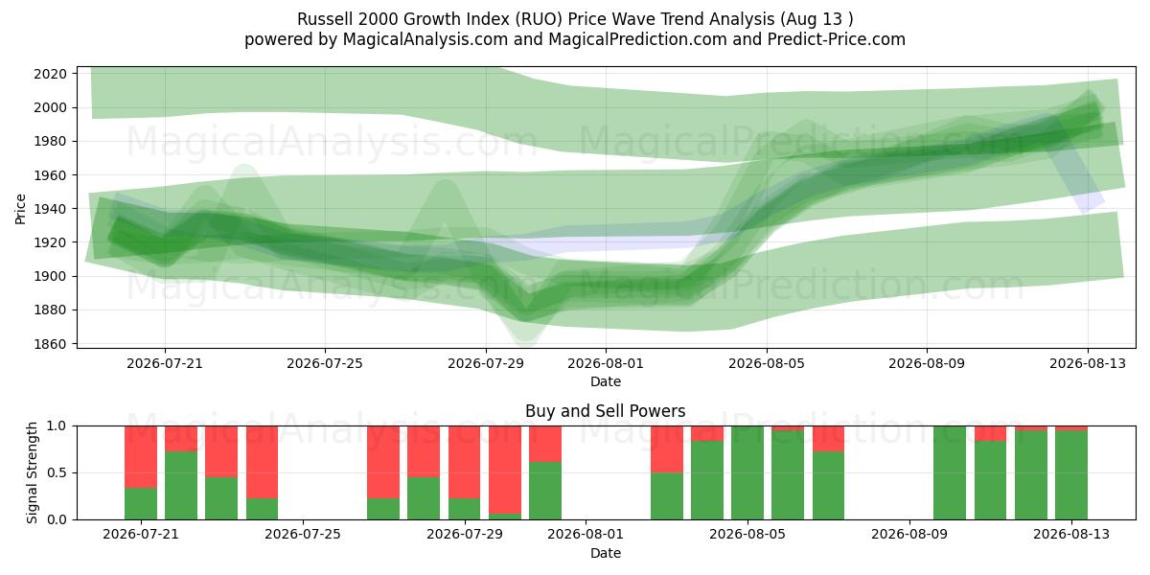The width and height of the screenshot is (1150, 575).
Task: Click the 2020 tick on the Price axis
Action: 50,74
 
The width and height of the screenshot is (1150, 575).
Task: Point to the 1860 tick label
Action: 50,344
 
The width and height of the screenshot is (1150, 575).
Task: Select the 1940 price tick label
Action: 50,209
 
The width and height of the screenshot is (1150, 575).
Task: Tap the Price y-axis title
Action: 20,209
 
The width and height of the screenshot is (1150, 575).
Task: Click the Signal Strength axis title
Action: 32,472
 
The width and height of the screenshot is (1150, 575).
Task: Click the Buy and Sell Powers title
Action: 606,411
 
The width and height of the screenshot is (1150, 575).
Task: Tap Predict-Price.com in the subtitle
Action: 837,39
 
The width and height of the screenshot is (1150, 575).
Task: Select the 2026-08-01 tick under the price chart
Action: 606,363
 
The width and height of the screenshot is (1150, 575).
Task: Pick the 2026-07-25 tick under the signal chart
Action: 303,535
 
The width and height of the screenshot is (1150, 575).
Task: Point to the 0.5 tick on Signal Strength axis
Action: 57,472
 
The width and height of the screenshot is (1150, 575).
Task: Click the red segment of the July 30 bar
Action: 505,470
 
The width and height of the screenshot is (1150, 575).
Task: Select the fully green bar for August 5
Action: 747,472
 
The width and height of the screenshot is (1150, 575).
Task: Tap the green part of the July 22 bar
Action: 181,485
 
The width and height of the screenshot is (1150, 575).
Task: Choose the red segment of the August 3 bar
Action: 667,449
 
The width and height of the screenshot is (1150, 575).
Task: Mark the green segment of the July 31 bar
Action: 545,491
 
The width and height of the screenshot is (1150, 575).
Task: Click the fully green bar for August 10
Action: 950,472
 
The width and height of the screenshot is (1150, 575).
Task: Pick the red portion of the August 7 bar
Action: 829,439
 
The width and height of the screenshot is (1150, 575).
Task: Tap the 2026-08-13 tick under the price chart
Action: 1088,363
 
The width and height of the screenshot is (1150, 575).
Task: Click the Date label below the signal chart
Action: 606,553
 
